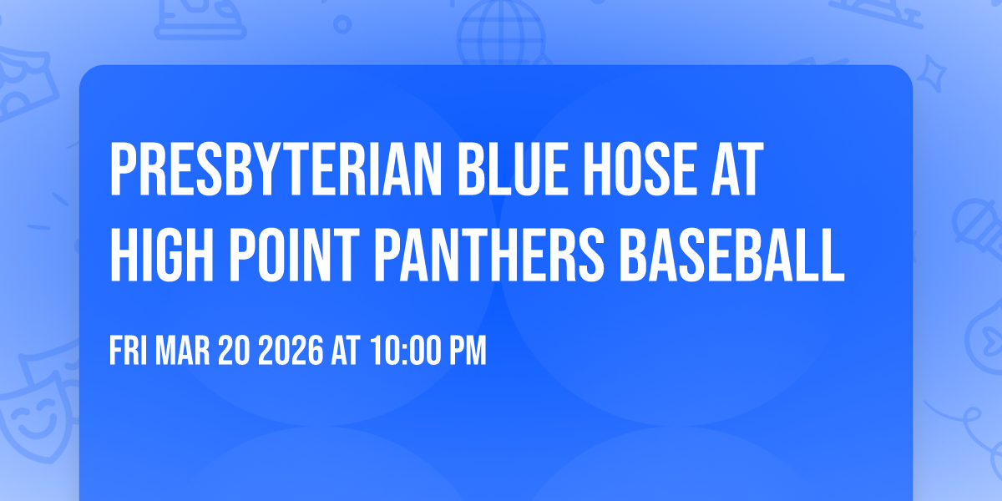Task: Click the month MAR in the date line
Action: coord(185,352)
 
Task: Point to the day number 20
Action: coord(235,352)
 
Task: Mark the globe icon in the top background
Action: coord(499,33)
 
